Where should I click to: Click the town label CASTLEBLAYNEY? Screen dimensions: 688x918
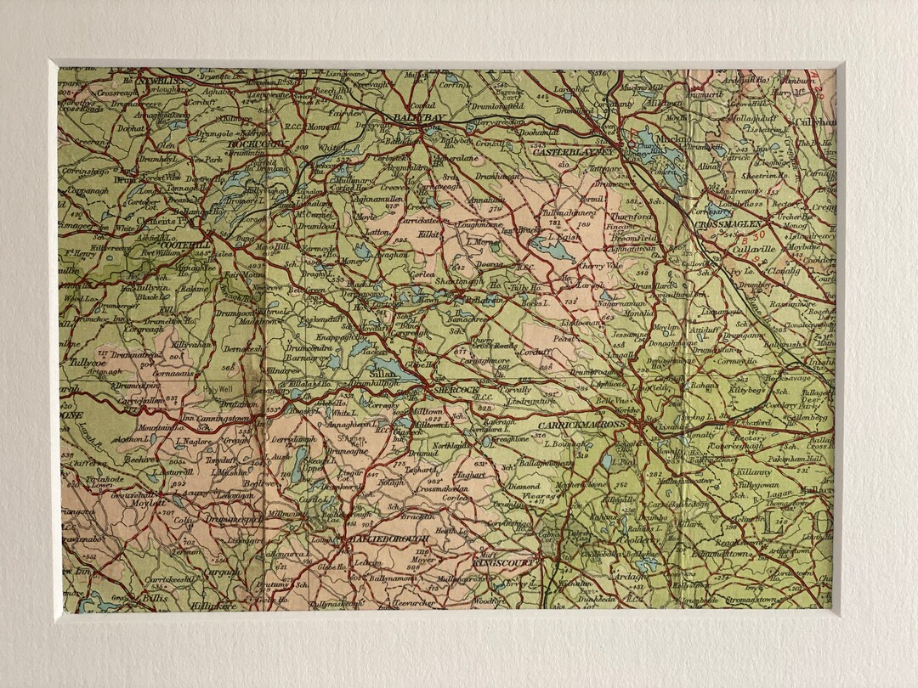[x=574, y=151]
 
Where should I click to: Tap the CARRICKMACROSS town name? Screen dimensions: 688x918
[x=583, y=424]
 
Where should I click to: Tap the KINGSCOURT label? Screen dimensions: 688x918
[x=507, y=561]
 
